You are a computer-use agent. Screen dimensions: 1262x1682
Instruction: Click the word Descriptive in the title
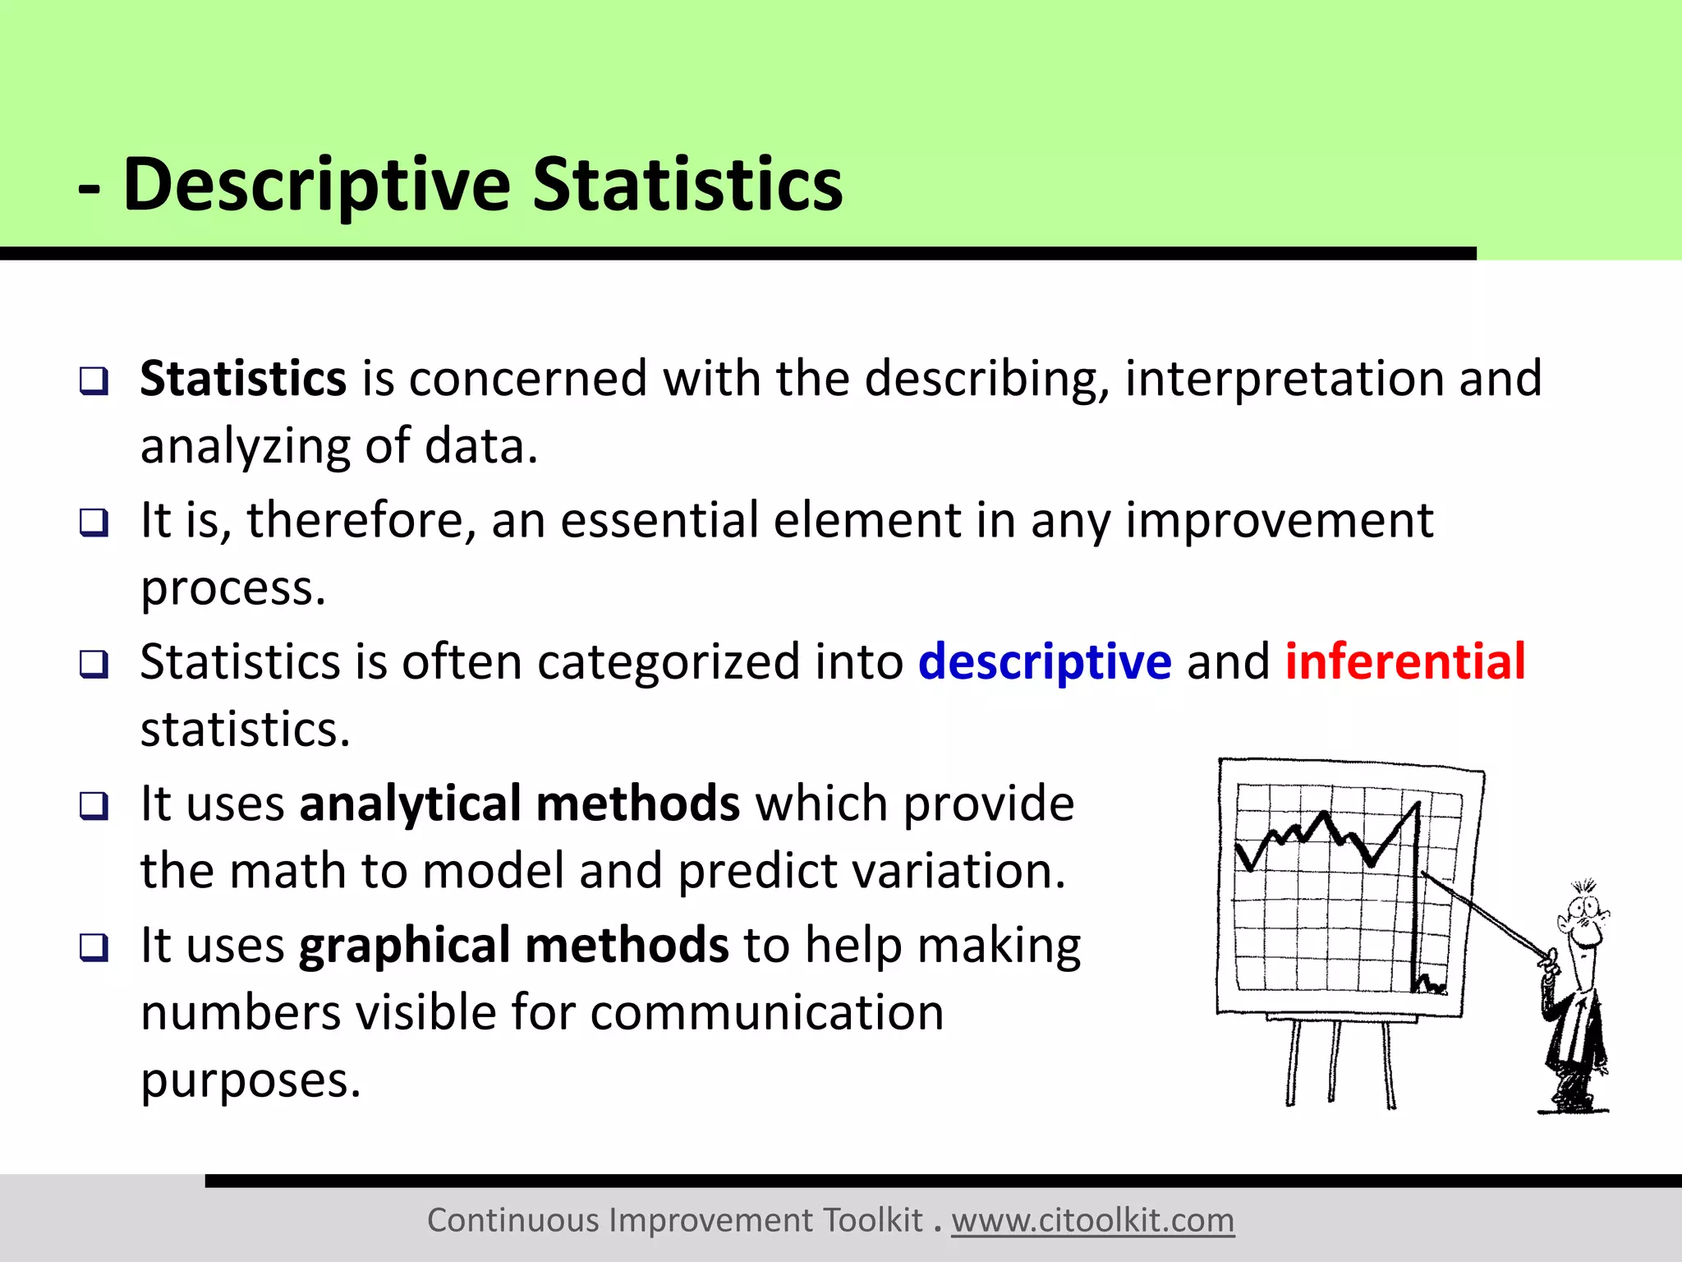[x=316, y=185]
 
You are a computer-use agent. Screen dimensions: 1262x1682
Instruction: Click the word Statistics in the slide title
[x=687, y=185]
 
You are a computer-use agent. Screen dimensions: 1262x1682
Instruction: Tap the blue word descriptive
[x=1044, y=661]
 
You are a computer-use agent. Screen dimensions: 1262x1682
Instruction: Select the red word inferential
[x=1404, y=661]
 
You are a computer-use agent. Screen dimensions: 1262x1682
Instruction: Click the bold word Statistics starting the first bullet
[x=243, y=379]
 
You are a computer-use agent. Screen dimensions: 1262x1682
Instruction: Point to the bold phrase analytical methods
[x=519, y=804]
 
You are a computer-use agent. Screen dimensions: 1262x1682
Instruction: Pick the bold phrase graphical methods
[x=513, y=945]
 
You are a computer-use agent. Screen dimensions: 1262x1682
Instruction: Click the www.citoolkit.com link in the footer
[x=1092, y=1220]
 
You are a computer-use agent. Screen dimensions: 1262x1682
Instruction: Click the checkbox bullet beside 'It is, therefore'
[x=94, y=523]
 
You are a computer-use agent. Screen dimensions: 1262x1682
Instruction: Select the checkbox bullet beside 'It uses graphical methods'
[x=94, y=947]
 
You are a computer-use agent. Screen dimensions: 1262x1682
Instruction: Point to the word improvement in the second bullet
[x=1279, y=521]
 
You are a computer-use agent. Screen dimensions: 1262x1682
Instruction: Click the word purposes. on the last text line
[x=250, y=1080]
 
